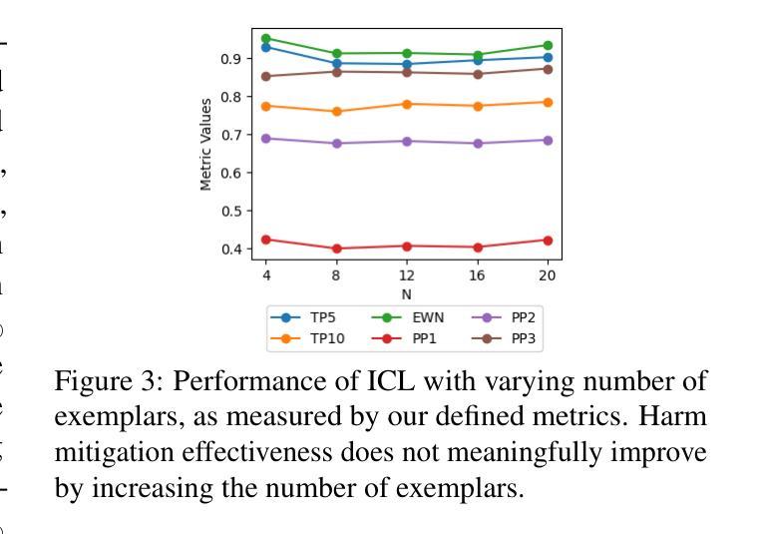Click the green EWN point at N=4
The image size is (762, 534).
(x=266, y=39)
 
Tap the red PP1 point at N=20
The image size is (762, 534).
(x=548, y=240)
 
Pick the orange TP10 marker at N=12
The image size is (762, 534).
(x=407, y=104)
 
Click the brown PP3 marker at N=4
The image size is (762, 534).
(x=266, y=76)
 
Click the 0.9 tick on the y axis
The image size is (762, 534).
(x=231, y=59)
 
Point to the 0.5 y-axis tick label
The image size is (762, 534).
(x=231, y=211)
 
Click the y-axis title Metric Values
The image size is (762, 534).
(x=206, y=144)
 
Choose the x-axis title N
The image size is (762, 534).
(x=407, y=294)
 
